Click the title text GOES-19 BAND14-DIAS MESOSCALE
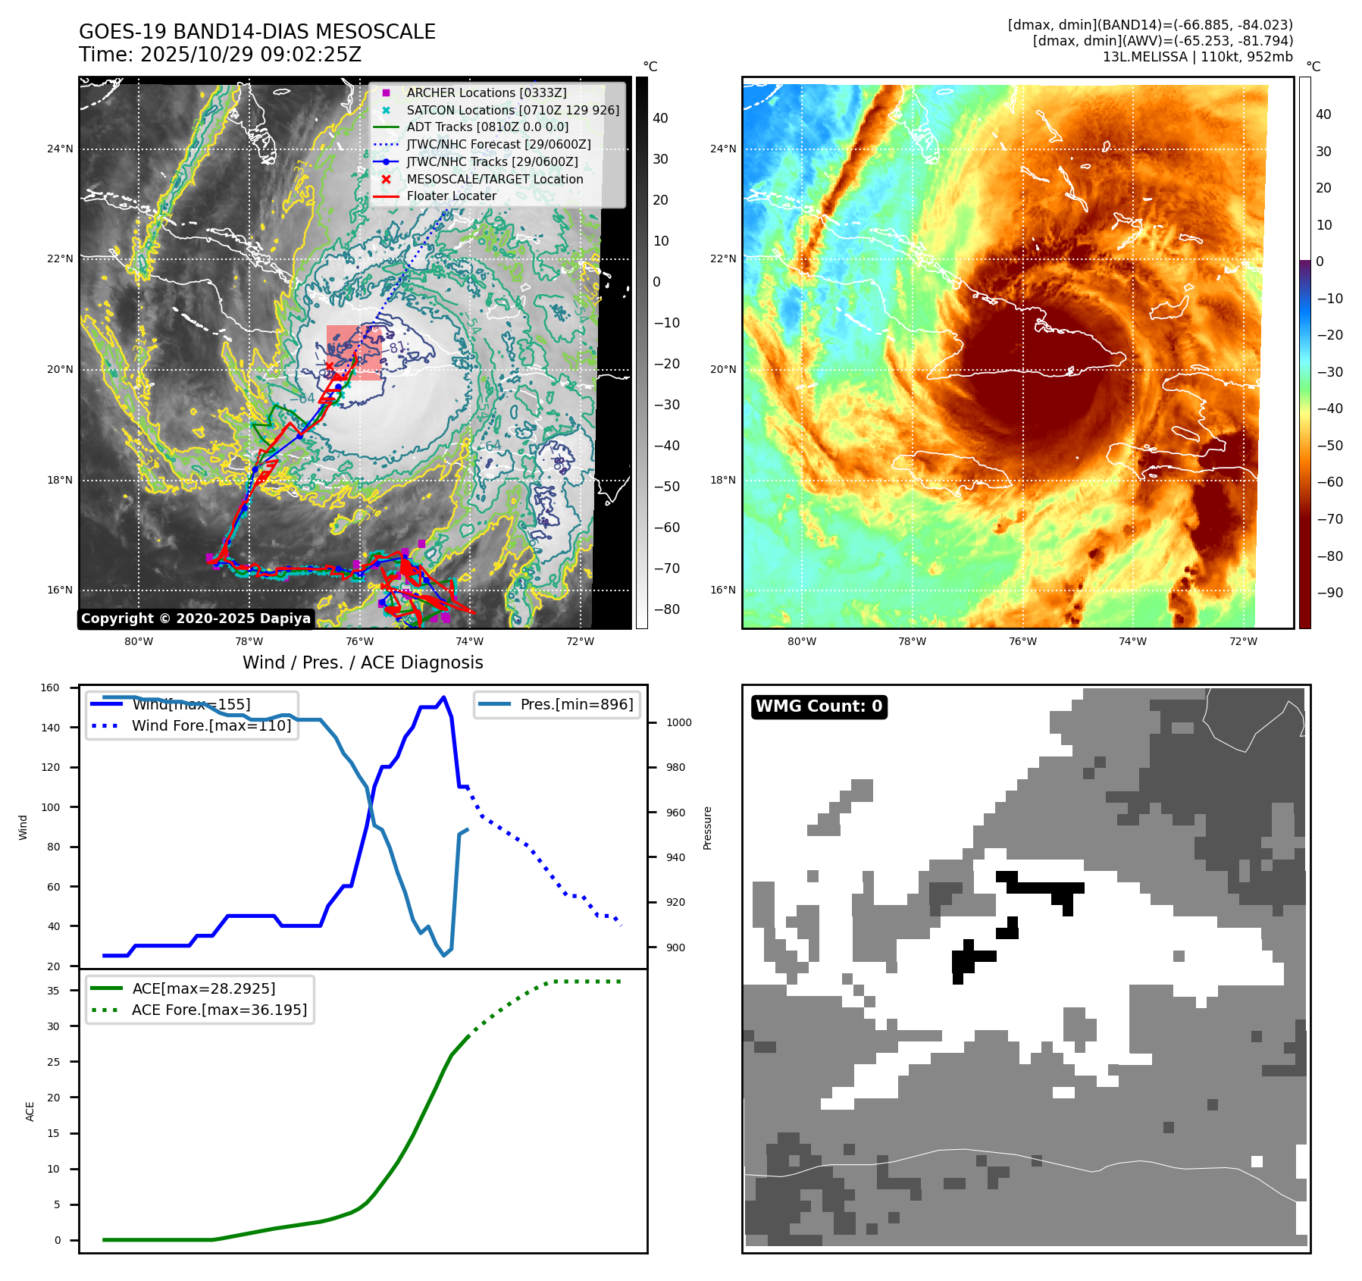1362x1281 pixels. (x=257, y=32)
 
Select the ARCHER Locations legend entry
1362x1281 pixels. (x=486, y=92)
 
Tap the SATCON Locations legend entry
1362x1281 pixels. (x=512, y=110)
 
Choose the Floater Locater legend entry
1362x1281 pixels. (x=451, y=196)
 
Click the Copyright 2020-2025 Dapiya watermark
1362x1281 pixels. (x=196, y=619)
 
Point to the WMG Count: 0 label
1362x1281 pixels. (x=819, y=706)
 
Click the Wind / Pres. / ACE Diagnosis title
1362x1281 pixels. (x=362, y=662)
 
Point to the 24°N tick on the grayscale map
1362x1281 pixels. (x=60, y=149)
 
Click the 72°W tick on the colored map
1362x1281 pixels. (x=1243, y=641)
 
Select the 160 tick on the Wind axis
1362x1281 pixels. (x=50, y=688)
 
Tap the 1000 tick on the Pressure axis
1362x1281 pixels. (x=678, y=722)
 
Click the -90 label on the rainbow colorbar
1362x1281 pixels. (x=1329, y=593)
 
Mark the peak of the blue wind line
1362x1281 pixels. (x=443, y=697)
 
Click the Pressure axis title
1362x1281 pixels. (x=707, y=828)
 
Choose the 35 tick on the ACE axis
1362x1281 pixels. (x=53, y=991)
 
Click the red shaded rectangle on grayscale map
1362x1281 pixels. (x=355, y=352)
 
